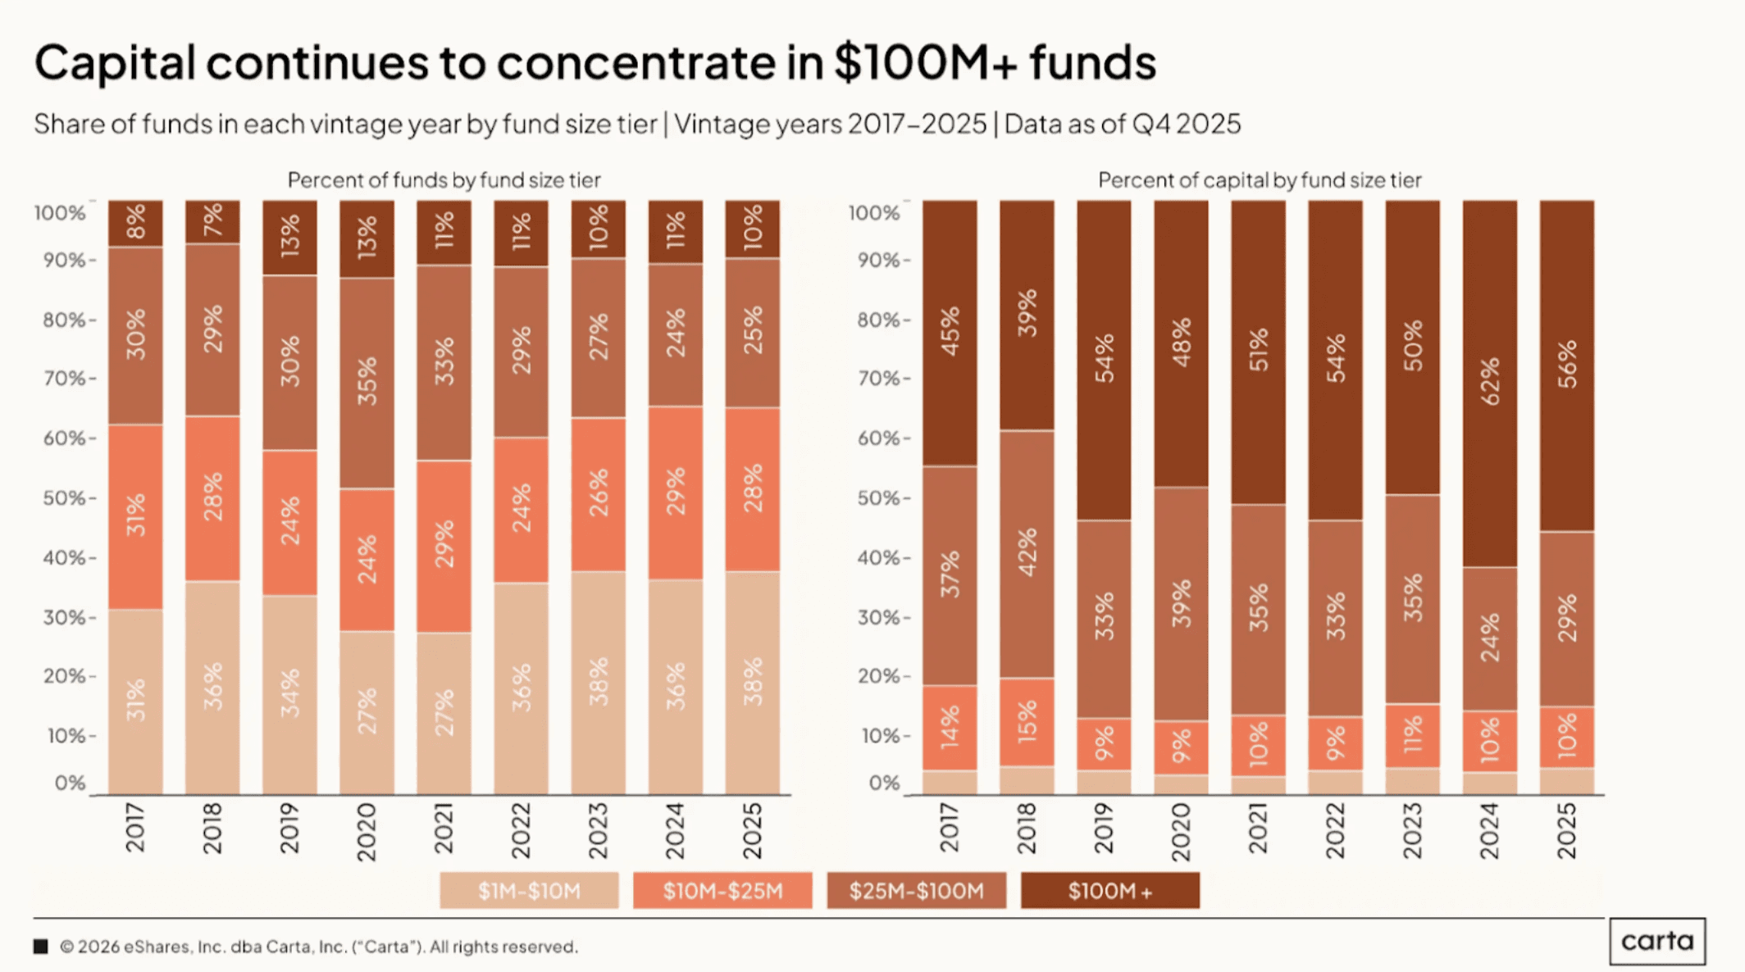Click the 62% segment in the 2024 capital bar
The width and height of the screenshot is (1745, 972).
point(1489,382)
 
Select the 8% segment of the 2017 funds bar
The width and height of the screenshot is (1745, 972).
point(135,222)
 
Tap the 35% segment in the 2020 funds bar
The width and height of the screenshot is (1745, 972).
point(367,382)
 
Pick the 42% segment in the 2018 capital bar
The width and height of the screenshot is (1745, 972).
point(1027,553)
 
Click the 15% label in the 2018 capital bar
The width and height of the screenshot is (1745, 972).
point(1027,722)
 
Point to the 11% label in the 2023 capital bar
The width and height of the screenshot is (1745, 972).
point(1412,735)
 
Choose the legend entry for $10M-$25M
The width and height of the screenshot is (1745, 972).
point(722,891)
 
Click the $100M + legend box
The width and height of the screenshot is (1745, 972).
point(1109,891)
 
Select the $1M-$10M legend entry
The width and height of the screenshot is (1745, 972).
point(529,891)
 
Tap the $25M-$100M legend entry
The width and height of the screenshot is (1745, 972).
point(916,891)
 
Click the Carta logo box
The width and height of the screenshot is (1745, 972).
point(1656,941)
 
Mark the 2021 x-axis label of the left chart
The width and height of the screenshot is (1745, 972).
point(444,829)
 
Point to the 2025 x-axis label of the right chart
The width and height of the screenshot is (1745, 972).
point(1566,830)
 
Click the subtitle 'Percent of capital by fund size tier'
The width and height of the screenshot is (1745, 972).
point(1260,180)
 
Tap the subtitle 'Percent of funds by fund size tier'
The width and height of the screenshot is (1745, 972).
point(444,180)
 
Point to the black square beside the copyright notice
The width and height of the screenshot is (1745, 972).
point(41,947)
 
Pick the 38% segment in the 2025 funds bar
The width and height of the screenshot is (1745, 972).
point(752,682)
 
